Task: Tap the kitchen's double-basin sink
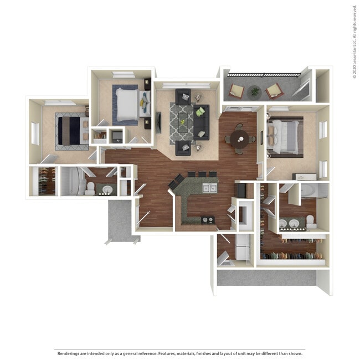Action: point(209,188)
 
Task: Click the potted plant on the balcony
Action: point(255,91)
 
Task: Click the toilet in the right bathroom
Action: point(311,222)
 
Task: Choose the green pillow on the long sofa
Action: point(200,111)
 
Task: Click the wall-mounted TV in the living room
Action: point(159,122)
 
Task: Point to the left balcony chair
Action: point(236,91)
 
